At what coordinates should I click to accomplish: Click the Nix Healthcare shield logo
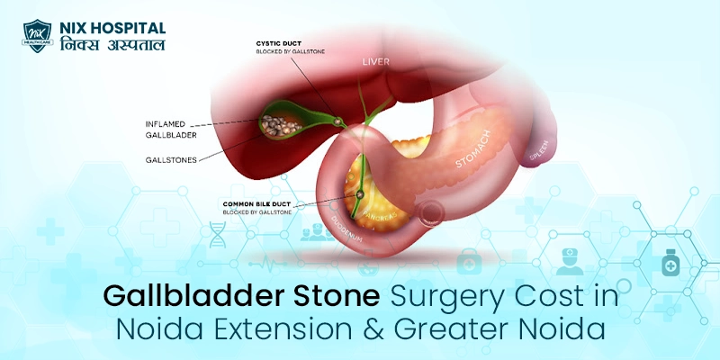(x=37, y=34)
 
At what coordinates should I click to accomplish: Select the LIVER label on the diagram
(x=376, y=61)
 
